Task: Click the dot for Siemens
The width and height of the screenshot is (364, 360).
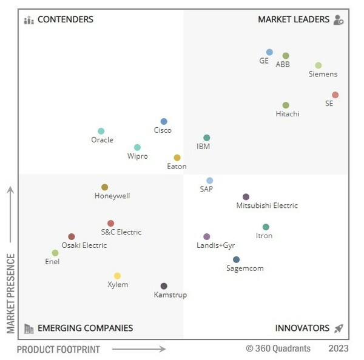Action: (318, 65)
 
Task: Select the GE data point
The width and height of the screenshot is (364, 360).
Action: (269, 52)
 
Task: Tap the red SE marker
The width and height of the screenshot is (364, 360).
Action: (335, 95)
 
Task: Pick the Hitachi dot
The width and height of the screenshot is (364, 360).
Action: (286, 105)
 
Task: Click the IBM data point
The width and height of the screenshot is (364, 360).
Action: (206, 138)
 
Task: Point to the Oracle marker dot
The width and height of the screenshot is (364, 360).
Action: (101, 132)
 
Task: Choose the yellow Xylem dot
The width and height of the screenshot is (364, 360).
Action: (117, 276)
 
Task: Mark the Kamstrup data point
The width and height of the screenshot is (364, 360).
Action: (164, 286)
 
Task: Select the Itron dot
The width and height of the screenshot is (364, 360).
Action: (266, 227)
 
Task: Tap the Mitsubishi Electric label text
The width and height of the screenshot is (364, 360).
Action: (267, 205)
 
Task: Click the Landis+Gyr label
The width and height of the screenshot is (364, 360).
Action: (215, 245)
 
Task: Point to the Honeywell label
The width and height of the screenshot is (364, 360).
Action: (112, 196)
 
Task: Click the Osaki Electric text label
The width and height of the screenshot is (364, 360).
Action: (84, 245)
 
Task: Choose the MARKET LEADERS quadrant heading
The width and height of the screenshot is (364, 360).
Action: (294, 19)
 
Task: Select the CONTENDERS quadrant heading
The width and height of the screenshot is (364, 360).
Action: (66, 19)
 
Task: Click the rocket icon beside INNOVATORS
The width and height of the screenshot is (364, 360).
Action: (339, 328)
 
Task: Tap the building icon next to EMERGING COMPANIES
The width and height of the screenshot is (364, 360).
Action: (29, 328)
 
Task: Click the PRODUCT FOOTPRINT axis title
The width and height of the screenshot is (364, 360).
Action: (58, 349)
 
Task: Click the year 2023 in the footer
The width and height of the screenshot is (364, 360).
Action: (339, 348)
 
